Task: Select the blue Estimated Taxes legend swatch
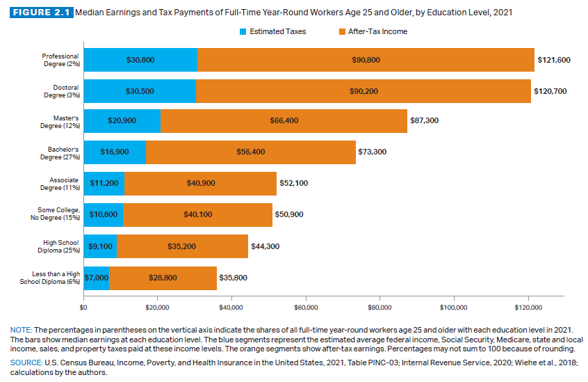243,31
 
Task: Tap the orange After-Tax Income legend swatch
341,31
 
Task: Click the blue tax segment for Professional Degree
140,60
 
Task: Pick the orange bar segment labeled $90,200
363,90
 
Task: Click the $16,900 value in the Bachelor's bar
115,151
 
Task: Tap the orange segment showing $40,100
197,214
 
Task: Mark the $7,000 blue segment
97,277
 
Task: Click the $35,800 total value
234,277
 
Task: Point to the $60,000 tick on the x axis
306,305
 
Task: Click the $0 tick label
84,305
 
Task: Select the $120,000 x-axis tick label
528,305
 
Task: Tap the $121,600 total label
554,60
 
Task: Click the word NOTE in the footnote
21,328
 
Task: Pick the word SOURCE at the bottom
25,363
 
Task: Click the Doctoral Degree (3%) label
61,90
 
